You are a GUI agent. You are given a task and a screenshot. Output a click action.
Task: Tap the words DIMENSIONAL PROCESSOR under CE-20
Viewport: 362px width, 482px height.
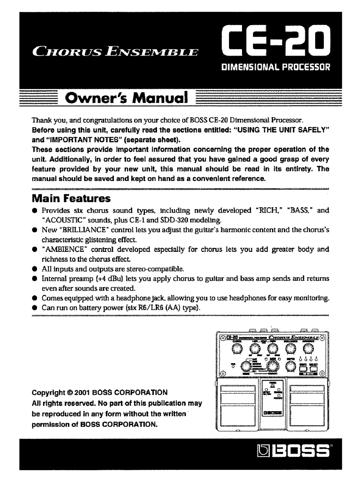[276, 68]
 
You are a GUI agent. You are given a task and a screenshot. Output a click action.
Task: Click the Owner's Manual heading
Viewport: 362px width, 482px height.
[127, 98]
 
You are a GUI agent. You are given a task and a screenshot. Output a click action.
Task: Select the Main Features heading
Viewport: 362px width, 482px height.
[71, 199]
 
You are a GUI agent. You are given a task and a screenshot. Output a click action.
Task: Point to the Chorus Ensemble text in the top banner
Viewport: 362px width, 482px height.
[115, 51]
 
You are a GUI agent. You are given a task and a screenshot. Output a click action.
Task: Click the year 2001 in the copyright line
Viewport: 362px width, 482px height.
[82, 392]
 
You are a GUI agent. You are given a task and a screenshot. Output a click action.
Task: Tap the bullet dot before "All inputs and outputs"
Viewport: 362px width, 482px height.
[34, 269]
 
